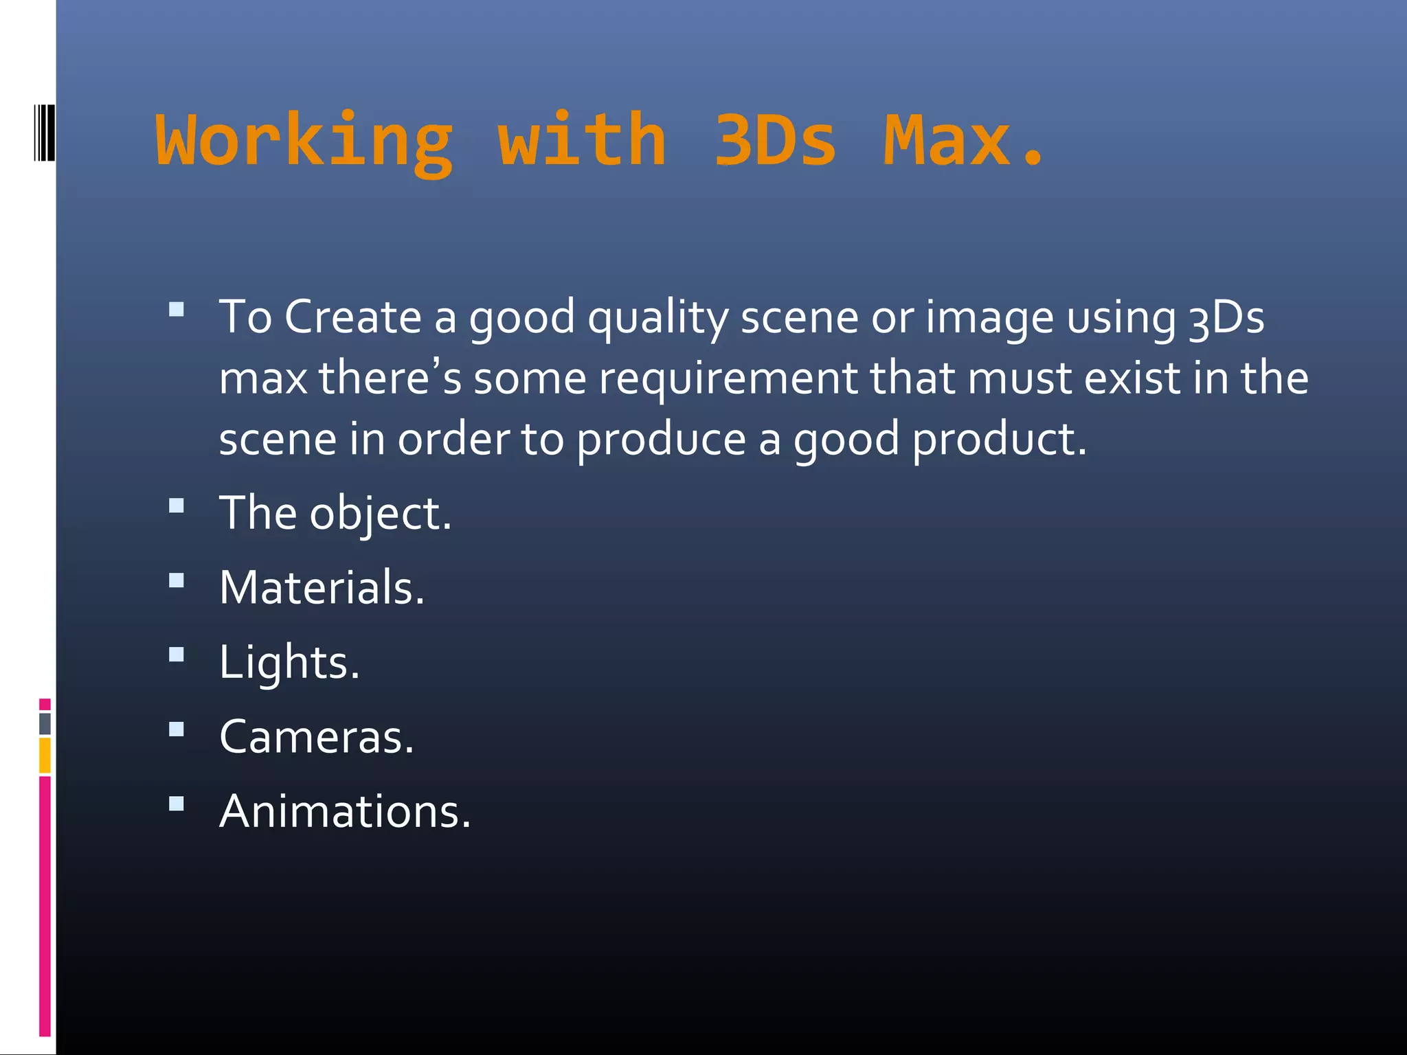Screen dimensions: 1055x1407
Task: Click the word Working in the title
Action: click(304, 141)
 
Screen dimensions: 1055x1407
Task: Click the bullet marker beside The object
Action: click(177, 506)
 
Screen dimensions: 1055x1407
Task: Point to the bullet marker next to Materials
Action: click(177, 580)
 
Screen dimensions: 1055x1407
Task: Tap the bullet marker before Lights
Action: click(177, 655)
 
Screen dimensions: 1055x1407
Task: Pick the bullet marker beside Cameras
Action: click(177, 729)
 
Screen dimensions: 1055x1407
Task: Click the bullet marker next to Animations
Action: click(177, 803)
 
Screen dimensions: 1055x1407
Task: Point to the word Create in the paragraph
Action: click(353, 317)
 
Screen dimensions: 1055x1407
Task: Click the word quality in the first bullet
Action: click(657, 319)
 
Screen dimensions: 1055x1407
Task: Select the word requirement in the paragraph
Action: click(728, 379)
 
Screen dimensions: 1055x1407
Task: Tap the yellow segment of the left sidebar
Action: click(45, 755)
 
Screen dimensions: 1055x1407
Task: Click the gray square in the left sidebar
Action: click(45, 724)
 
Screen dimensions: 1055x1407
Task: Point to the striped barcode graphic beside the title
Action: click(43, 133)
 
